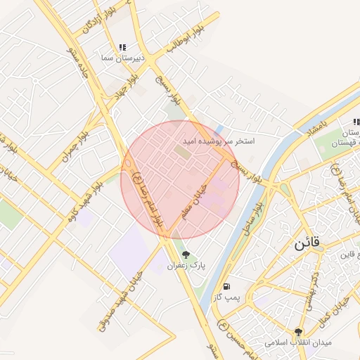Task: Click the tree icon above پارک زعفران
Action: click(x=186, y=255)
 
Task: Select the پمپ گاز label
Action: click(x=228, y=298)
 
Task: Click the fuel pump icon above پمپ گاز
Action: click(x=226, y=287)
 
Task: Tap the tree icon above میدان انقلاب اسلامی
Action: click(x=300, y=331)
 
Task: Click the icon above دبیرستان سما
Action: click(x=123, y=46)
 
